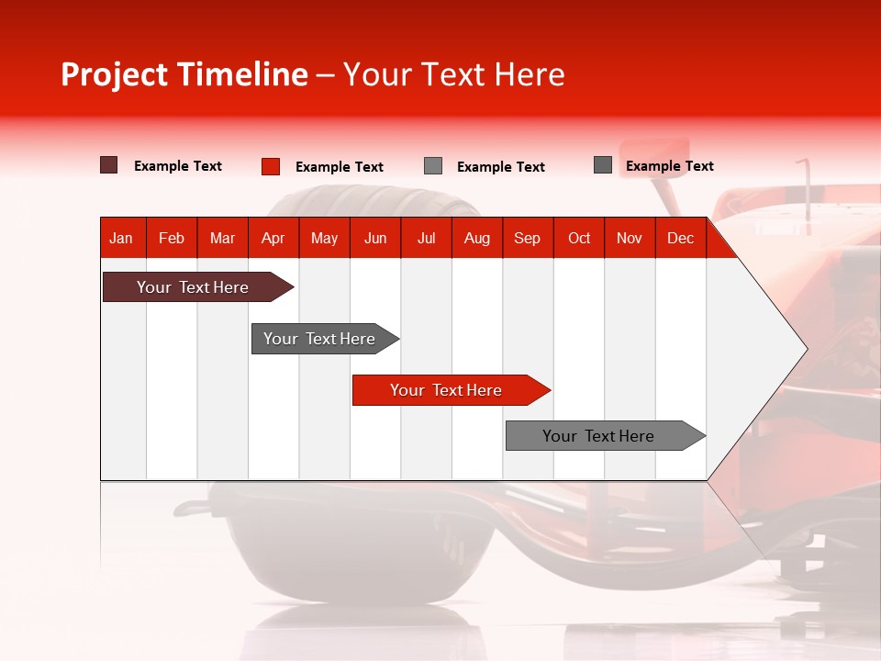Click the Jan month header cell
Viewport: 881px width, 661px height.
[x=121, y=238]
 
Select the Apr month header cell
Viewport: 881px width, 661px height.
[x=273, y=238]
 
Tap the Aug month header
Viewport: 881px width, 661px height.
[x=476, y=238]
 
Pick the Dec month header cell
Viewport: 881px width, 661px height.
[x=680, y=238]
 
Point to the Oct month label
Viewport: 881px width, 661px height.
[x=579, y=238]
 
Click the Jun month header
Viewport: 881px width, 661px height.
[x=375, y=238]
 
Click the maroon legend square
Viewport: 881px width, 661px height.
[x=108, y=165]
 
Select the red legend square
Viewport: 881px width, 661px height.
[x=270, y=166]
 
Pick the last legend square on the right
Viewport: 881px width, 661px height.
[x=603, y=165]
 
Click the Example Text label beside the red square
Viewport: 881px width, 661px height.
[x=339, y=167]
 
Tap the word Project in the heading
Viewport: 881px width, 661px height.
[x=115, y=74]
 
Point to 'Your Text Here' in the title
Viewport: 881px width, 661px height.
[x=454, y=74]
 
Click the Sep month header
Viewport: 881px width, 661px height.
[x=527, y=238]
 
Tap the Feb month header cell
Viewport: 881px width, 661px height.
[x=172, y=238]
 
